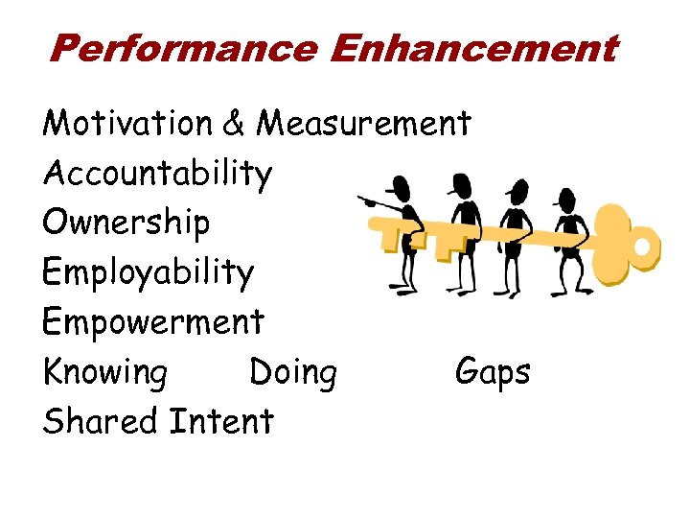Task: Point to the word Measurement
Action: [365, 124]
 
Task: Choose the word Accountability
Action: [157, 174]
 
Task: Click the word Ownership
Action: [126, 223]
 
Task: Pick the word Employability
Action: [149, 273]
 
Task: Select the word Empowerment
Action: [152, 322]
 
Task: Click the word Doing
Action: [293, 372]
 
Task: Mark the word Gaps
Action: [493, 372]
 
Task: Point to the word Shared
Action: [101, 421]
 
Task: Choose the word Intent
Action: [220, 421]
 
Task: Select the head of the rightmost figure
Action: [566, 200]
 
